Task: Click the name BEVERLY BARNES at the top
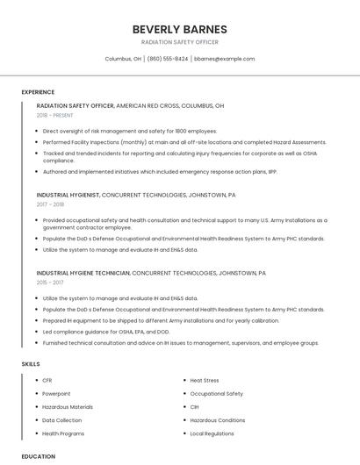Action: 179,29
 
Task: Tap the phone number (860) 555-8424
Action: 167,59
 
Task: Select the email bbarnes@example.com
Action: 225,59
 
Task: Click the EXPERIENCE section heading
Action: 38,92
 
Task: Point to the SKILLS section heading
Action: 31,363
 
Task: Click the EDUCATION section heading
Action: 38,456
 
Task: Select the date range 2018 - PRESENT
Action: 54,115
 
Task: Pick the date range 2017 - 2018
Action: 50,204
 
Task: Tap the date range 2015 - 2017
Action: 50,283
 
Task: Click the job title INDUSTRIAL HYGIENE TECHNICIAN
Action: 83,273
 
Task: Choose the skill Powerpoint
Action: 56,394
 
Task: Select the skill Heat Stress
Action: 205,381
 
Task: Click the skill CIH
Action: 194,407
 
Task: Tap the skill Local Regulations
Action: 212,433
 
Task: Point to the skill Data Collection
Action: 61,420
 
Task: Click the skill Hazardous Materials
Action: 68,407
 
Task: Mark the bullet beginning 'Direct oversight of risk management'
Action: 130,130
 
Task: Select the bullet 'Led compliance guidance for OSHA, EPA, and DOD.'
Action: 105,333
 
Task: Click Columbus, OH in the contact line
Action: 123,59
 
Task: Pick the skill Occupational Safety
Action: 216,394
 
